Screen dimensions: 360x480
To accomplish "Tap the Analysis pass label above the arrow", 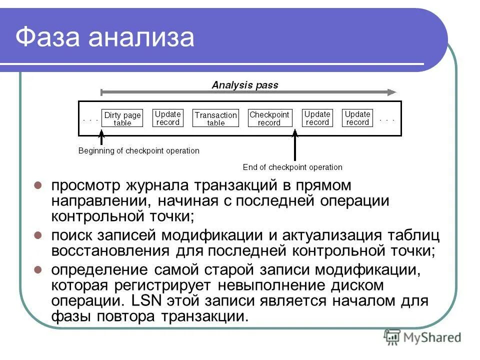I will [x=245, y=85].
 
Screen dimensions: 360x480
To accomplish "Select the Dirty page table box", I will [x=122, y=118].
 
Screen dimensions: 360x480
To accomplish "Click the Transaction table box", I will [x=216, y=118].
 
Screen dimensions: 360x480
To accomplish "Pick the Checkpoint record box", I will [x=269, y=118].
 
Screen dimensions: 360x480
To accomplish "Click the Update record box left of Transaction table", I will [x=167, y=118].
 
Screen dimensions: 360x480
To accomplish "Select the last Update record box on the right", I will [x=357, y=118].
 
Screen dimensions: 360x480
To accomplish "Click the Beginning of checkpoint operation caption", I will [x=138, y=150].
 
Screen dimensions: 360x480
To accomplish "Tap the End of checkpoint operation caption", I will [x=292, y=167].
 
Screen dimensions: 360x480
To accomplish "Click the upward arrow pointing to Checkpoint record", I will [x=294, y=145].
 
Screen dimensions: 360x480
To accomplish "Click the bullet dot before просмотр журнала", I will [x=37, y=185].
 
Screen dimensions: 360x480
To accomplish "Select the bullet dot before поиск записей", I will [x=37, y=234].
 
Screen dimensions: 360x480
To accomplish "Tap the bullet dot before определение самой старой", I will [x=37, y=269].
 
